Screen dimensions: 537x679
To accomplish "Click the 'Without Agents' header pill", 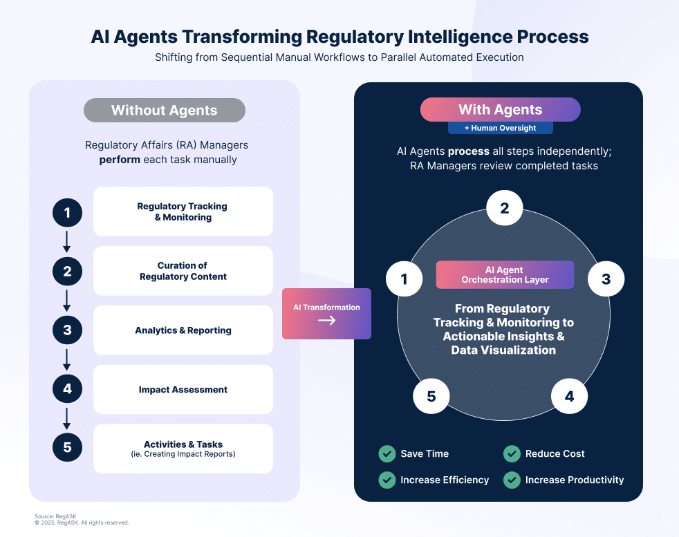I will pos(165,111).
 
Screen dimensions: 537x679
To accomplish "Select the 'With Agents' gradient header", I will pos(500,110).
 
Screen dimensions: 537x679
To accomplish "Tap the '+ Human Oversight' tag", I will pos(500,128).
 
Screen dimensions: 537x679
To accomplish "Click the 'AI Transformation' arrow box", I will pos(326,314).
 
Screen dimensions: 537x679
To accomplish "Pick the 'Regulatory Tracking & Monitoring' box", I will pos(183,211).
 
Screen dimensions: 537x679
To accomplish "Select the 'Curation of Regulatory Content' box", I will pos(183,271).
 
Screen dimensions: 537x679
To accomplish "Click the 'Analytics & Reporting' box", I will pos(183,330).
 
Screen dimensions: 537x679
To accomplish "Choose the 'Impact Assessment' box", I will pos(183,390).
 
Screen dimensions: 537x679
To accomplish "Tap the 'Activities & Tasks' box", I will pos(183,449).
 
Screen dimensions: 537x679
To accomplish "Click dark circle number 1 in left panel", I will pos(67,212).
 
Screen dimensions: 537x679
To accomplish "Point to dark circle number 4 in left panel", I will pos(67,389).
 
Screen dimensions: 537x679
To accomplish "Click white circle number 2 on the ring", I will pos(504,208).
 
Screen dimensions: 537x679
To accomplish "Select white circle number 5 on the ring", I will pos(431,396).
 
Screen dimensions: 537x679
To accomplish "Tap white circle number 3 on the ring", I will pos(606,279).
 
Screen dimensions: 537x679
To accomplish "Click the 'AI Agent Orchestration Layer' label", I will pos(505,274).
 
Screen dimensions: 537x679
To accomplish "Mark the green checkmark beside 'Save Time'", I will pos(387,454).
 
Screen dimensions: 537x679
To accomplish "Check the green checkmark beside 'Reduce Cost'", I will pos(512,454).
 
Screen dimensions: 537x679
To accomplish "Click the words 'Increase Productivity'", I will pos(574,480).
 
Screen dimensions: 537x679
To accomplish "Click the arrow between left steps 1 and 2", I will pos(67,241).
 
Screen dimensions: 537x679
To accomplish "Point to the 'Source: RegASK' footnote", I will pos(54,516).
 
